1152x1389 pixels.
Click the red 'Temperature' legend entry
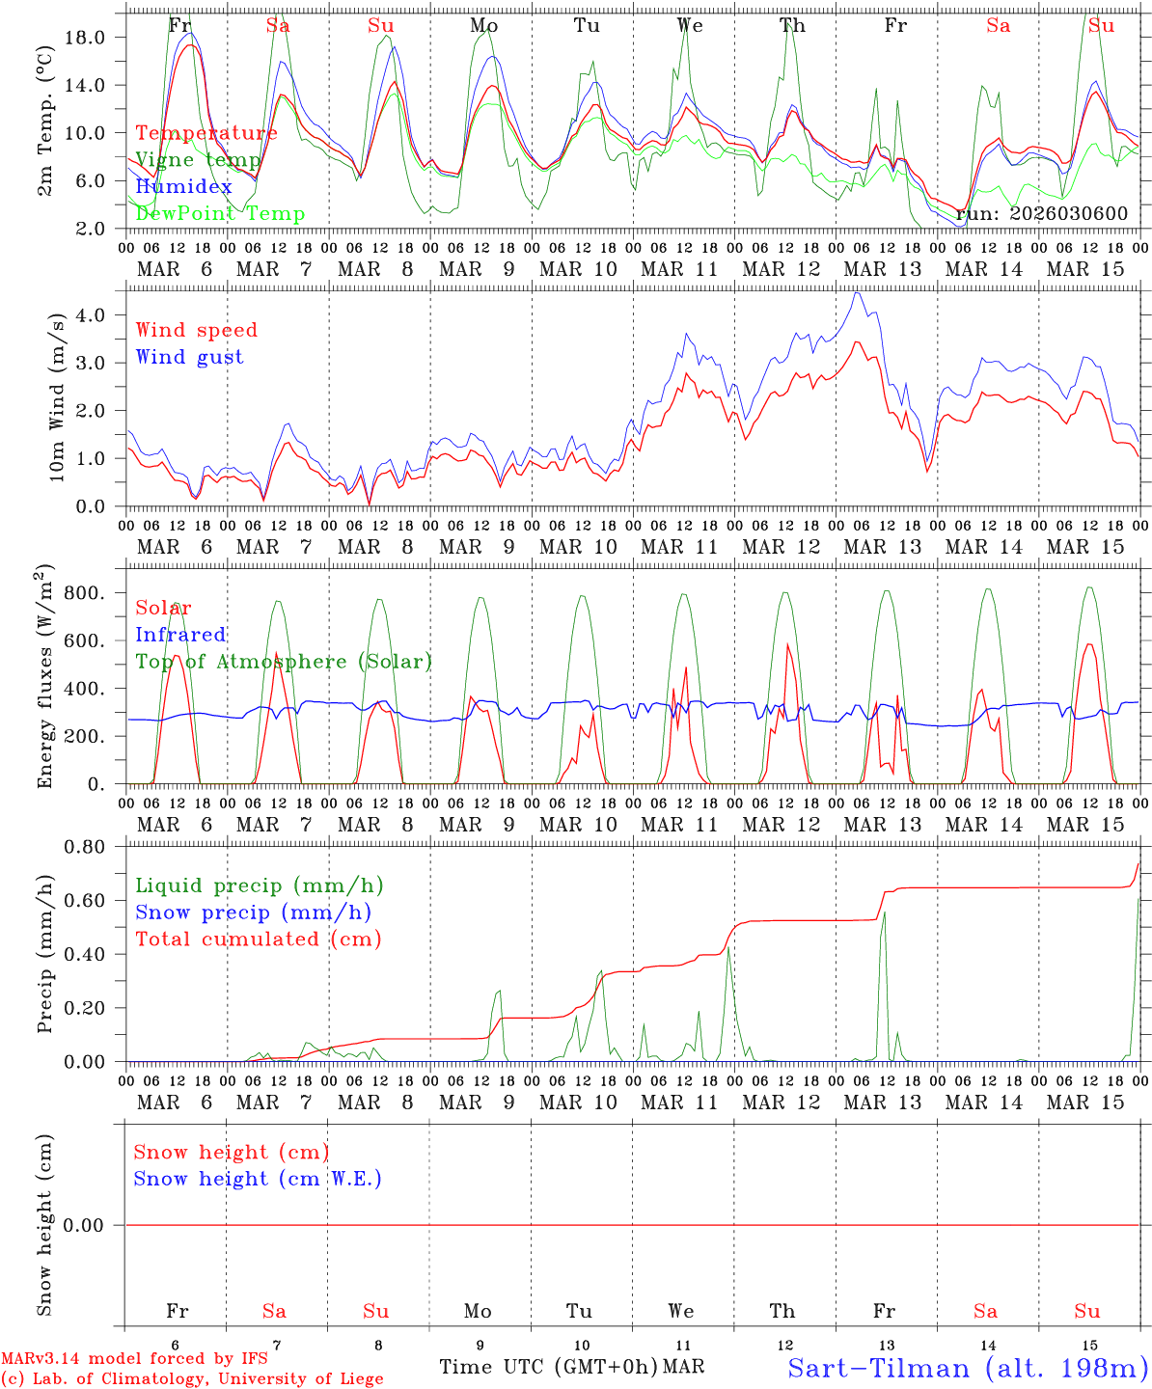pyautogui.click(x=206, y=133)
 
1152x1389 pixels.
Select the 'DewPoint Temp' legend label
pyautogui.click(x=220, y=213)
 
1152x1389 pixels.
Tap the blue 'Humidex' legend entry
pyautogui.click(x=184, y=187)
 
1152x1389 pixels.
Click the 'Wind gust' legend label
pyautogui.click(x=189, y=357)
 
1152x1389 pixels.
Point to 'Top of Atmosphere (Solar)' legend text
pyautogui.click(x=284, y=662)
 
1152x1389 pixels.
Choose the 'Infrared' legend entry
pyautogui.click(x=180, y=635)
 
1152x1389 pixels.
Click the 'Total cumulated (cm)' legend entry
pyautogui.click(x=259, y=939)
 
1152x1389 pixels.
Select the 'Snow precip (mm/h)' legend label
pyautogui.click(x=254, y=912)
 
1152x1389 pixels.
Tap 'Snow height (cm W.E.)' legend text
pyautogui.click(x=258, y=1179)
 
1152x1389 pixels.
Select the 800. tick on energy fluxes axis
pyautogui.click(x=96, y=593)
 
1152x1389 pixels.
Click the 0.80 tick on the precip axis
pyautogui.click(x=96, y=847)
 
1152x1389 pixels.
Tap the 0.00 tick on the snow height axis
pyautogui.click(x=96, y=1226)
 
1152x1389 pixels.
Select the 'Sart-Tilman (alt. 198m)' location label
pyautogui.click(x=967, y=1368)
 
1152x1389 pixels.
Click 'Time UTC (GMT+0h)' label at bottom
pyautogui.click(x=549, y=1367)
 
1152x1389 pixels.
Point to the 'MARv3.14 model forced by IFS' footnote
pyautogui.click(x=134, y=1359)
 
